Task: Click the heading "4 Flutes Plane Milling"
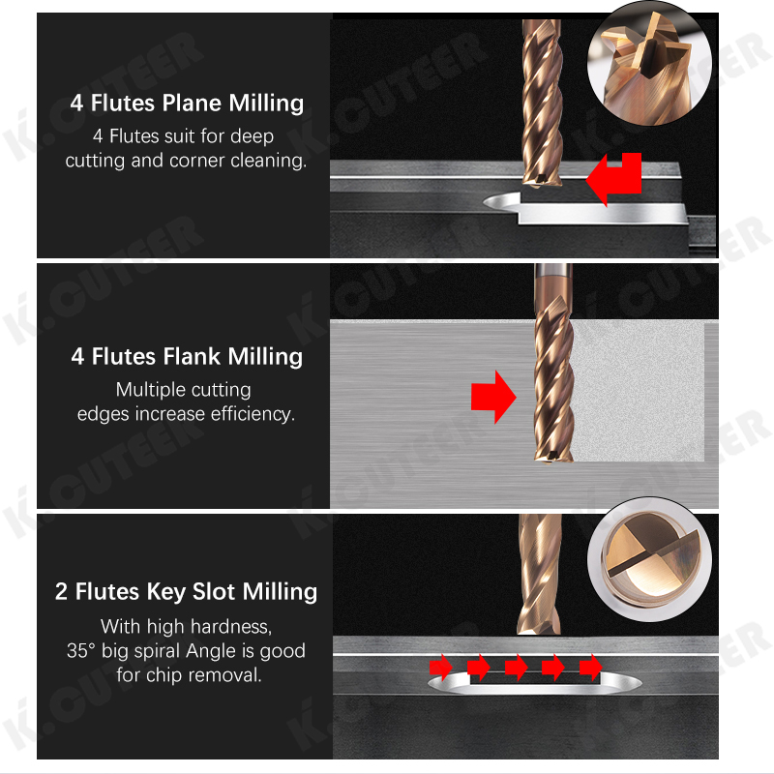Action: tap(187, 103)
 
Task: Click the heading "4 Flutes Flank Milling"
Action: tap(187, 356)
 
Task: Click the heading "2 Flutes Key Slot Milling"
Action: tap(187, 591)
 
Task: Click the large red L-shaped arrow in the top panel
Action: tap(610, 178)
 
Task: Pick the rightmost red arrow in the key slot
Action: tap(590, 667)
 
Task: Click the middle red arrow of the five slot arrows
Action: tap(516, 667)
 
